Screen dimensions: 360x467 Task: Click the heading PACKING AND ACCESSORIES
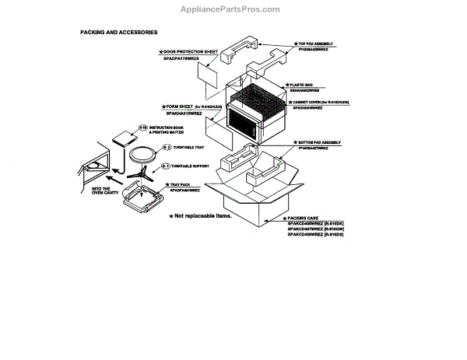click(x=119, y=33)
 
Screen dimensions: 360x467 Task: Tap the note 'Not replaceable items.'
click(x=203, y=215)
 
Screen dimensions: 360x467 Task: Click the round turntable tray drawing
click(x=142, y=152)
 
